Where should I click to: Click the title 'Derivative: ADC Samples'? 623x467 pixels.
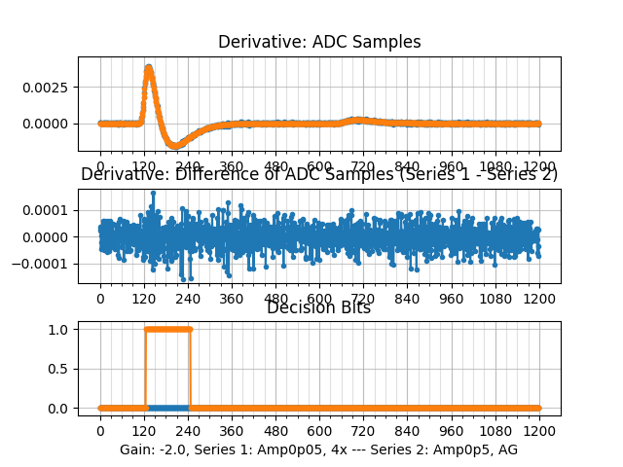point(319,42)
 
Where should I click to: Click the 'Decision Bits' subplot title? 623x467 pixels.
point(319,308)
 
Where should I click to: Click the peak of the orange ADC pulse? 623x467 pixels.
point(148,67)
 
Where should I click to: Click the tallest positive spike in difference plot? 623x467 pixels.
point(153,193)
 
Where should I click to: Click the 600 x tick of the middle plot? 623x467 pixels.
point(319,299)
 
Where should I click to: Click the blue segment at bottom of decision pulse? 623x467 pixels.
point(167,408)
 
